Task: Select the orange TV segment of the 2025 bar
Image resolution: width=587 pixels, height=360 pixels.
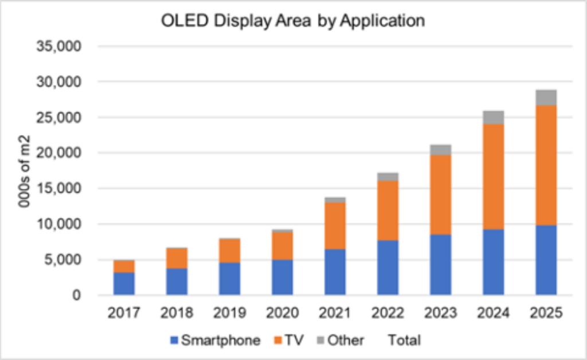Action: [x=546, y=165]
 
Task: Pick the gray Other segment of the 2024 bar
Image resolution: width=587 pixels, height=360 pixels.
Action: [x=493, y=118]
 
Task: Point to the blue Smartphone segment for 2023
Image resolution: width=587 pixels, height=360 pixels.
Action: [x=440, y=265]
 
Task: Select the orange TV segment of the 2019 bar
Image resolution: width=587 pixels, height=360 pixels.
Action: [x=229, y=251]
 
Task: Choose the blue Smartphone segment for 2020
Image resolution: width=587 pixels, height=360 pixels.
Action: [x=282, y=277]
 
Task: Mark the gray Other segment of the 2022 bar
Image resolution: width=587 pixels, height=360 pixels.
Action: [x=388, y=177]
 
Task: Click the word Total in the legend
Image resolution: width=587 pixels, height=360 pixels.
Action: [x=404, y=340]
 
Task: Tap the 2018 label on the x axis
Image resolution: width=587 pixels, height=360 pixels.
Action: [x=177, y=314]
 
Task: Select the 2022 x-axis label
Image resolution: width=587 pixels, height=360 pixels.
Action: [x=388, y=314]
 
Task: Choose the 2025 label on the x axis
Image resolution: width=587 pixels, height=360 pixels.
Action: [x=546, y=314]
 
